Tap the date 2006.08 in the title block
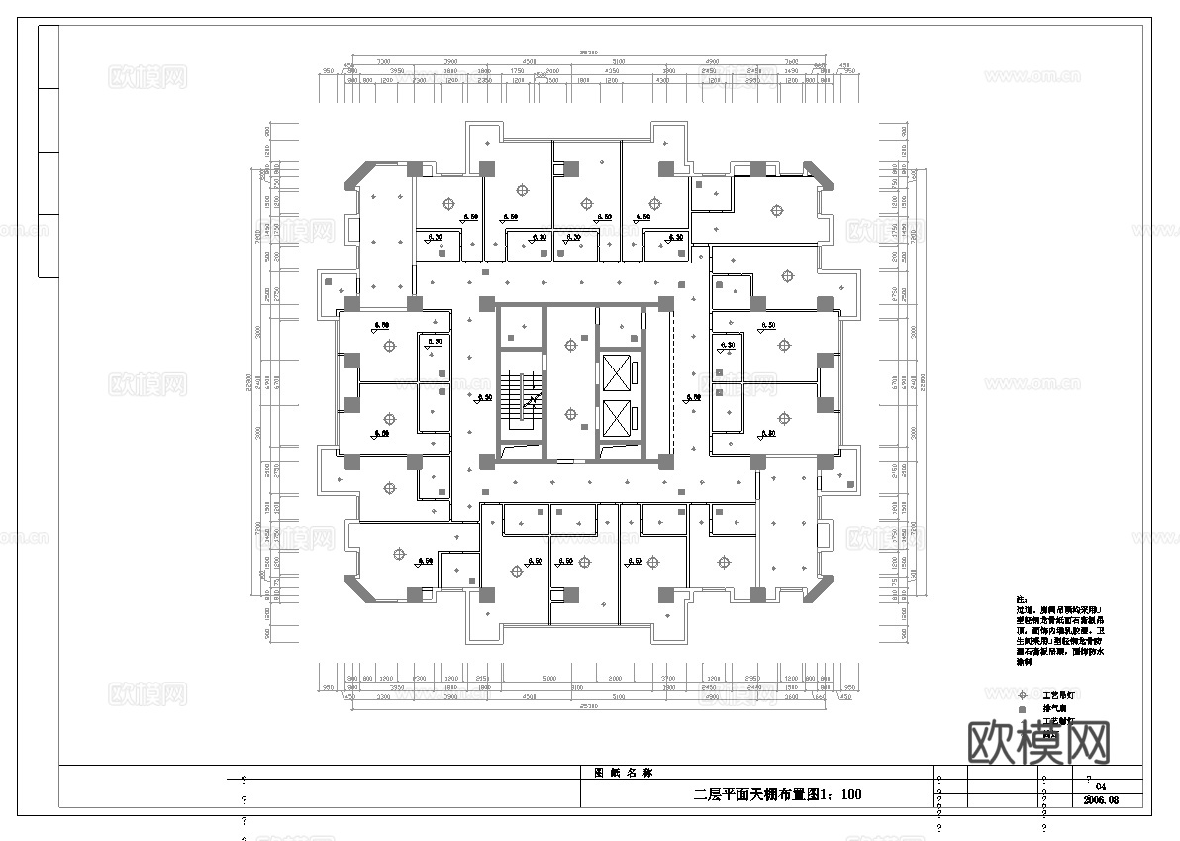[1101, 799]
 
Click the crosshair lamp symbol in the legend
[1023, 695]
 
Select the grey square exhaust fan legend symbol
[1023, 709]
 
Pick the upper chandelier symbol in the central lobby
[569, 345]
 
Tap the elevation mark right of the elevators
[693, 397]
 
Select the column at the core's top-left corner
[486, 303]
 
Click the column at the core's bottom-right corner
[665, 460]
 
